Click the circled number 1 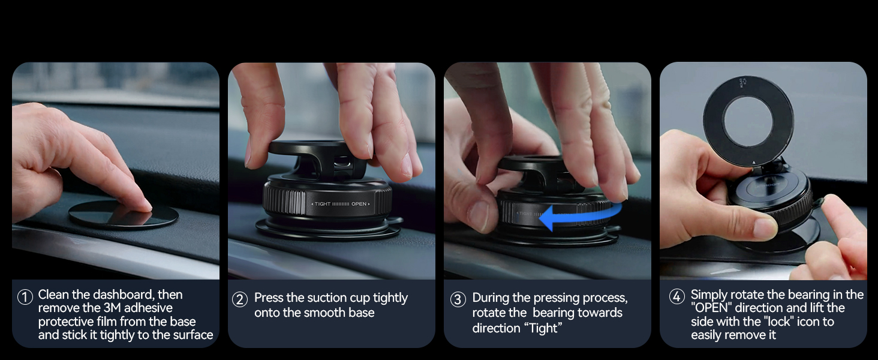[x=25, y=297]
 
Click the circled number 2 [x=240, y=299]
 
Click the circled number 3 [x=458, y=299]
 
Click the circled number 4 [x=677, y=296]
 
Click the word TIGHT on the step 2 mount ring [x=323, y=204]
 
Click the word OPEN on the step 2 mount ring [x=359, y=204]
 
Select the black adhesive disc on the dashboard [x=124, y=214]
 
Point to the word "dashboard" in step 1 [x=124, y=295]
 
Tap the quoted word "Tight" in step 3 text [x=544, y=328]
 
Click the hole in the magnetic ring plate [x=748, y=122]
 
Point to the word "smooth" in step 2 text [x=323, y=313]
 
